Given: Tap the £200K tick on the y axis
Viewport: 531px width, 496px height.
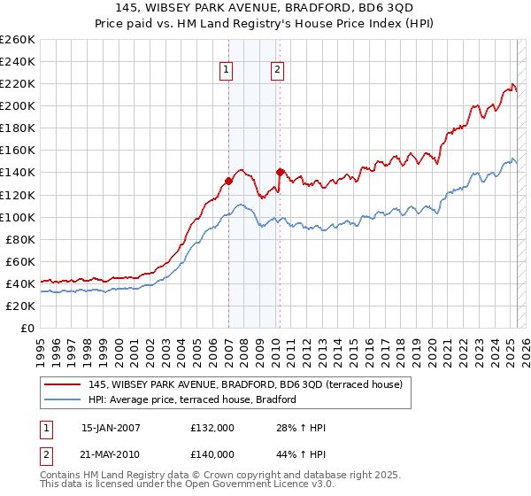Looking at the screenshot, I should pyautogui.click(x=18, y=105).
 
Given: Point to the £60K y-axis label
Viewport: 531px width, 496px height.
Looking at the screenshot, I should pyautogui.click(x=20, y=261).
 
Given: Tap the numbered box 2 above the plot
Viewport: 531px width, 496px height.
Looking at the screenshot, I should pyautogui.click(x=277, y=70).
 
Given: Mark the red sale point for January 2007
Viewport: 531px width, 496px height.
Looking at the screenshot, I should pyautogui.click(x=228, y=181).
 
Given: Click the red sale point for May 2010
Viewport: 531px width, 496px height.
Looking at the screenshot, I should pyautogui.click(x=281, y=172).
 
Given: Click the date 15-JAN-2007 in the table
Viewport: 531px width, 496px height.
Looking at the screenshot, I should pyautogui.click(x=111, y=428).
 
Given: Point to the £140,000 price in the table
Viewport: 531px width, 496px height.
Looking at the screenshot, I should pyautogui.click(x=212, y=453).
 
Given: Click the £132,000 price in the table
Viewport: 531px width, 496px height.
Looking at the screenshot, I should pyautogui.click(x=212, y=428).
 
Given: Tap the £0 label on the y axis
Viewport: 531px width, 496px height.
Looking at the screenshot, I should pyautogui.click(x=27, y=328).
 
